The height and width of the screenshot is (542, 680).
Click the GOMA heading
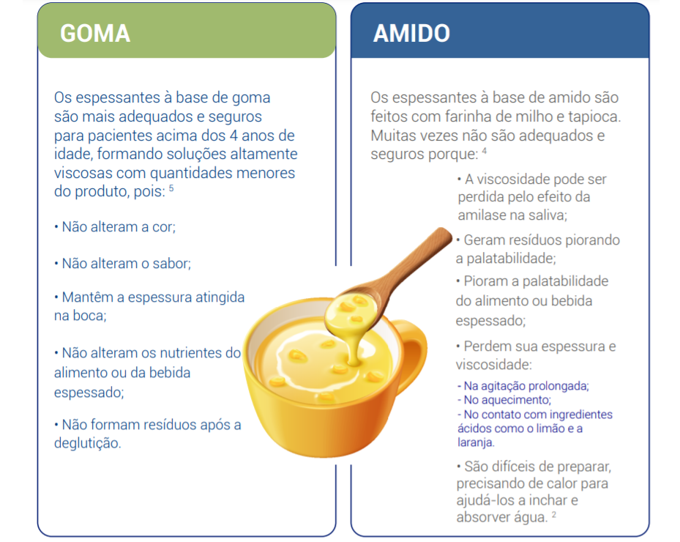pos(95,33)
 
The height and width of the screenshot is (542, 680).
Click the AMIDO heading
pos(411,33)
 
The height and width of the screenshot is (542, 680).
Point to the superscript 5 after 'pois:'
pos(171,189)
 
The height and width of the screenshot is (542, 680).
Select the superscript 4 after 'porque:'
pos(485,151)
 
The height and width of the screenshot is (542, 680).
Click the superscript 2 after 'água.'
pos(554,515)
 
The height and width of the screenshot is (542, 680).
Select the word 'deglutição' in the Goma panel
pos(86,443)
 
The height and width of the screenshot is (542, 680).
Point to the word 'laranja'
pos(475,442)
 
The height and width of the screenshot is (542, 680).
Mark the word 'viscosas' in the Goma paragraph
pos(81,174)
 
